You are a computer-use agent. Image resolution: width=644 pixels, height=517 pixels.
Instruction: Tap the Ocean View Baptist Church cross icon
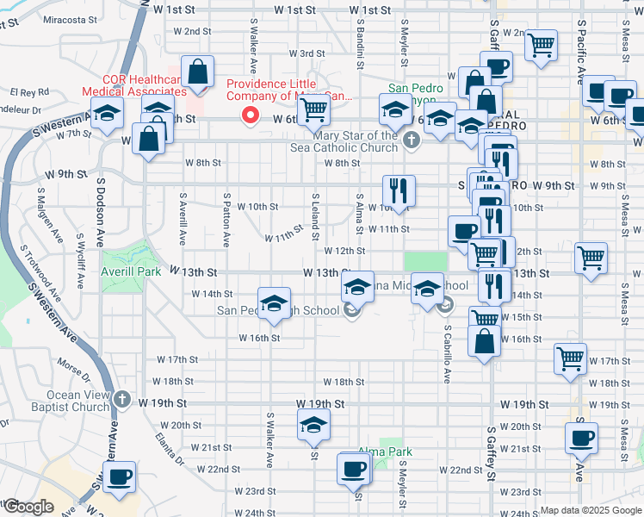[x=121, y=400]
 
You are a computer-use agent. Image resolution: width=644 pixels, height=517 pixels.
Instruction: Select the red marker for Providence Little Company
[x=251, y=115]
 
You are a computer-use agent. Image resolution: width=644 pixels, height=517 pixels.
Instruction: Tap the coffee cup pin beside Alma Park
[x=353, y=469]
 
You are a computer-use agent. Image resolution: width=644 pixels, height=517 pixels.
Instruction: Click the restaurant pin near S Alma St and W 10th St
[x=398, y=190]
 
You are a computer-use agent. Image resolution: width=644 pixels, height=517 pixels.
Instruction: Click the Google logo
[x=28, y=507]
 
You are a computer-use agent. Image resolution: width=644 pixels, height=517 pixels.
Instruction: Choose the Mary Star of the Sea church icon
[x=412, y=140]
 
